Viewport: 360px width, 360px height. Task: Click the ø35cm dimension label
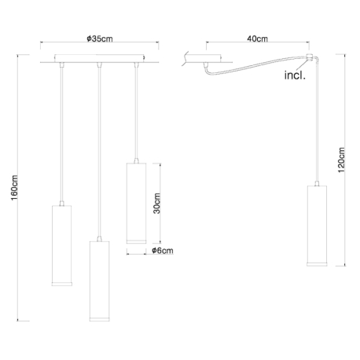pyautogui.click(x=100, y=39)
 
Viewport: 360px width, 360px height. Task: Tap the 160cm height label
pyautogui.click(x=14, y=188)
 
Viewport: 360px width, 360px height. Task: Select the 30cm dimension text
pyautogui.click(x=156, y=204)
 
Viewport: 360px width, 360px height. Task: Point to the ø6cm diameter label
pyautogui.click(x=163, y=251)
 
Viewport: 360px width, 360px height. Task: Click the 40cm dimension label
pyautogui.click(x=257, y=39)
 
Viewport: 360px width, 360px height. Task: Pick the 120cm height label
pyautogui.click(x=341, y=160)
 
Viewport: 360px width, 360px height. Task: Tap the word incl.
pyautogui.click(x=295, y=75)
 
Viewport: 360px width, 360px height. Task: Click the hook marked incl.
pyautogui.click(x=309, y=57)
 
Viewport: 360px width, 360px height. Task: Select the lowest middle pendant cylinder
pyautogui.click(x=100, y=281)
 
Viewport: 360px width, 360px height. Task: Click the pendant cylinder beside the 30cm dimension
pyautogui.click(x=136, y=204)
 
